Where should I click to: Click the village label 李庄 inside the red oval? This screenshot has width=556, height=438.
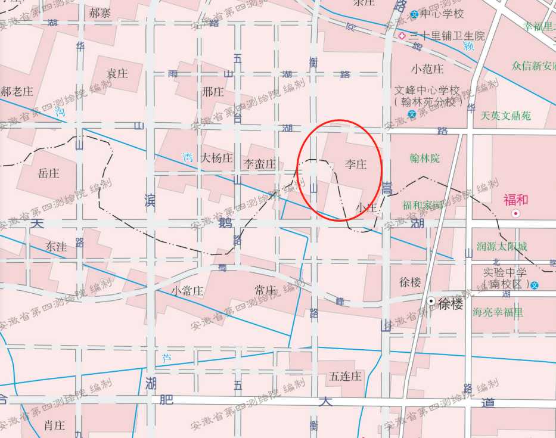coord(356,164)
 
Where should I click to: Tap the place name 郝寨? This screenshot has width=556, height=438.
coord(100,13)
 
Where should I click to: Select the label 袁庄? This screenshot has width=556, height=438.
coord(117,73)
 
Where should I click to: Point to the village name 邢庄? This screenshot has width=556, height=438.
coord(213,92)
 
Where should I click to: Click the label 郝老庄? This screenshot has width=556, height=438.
coord(17,92)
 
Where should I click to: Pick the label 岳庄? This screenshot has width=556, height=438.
coord(48,173)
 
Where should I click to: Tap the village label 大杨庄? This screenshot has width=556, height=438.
coord(216,158)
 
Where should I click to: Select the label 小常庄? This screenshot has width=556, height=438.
coord(187,291)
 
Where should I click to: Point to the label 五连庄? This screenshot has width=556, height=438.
coord(346,376)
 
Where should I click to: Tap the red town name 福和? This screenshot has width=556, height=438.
coord(516,200)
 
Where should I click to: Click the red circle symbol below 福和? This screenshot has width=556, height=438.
coord(516,213)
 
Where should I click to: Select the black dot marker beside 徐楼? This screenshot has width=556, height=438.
coord(431,302)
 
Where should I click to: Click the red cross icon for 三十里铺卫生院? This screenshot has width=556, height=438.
coord(402,36)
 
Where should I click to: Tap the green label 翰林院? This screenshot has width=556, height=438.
coord(424,159)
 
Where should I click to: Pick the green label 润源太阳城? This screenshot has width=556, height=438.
coord(502,247)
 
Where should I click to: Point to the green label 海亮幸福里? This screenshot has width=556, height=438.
coord(498,312)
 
